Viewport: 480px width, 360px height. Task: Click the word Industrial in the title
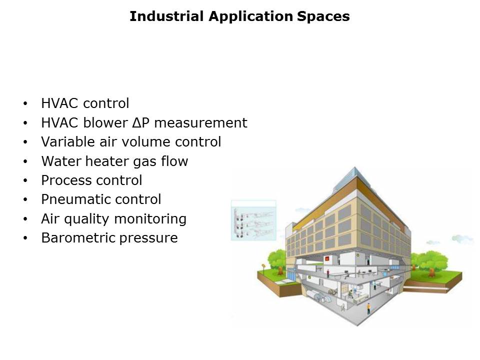[166, 16]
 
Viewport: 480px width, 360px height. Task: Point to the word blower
[105, 123]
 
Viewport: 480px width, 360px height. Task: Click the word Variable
[68, 141]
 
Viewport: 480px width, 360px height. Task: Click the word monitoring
[150, 219]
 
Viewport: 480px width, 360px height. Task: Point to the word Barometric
[78, 238]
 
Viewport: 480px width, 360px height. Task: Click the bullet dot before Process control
[25, 180]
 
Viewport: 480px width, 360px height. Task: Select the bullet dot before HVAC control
[25, 103]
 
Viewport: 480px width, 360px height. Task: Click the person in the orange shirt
[368, 308]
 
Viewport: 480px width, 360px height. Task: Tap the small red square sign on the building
[327, 258]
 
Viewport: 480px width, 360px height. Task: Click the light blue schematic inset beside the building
[254, 220]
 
